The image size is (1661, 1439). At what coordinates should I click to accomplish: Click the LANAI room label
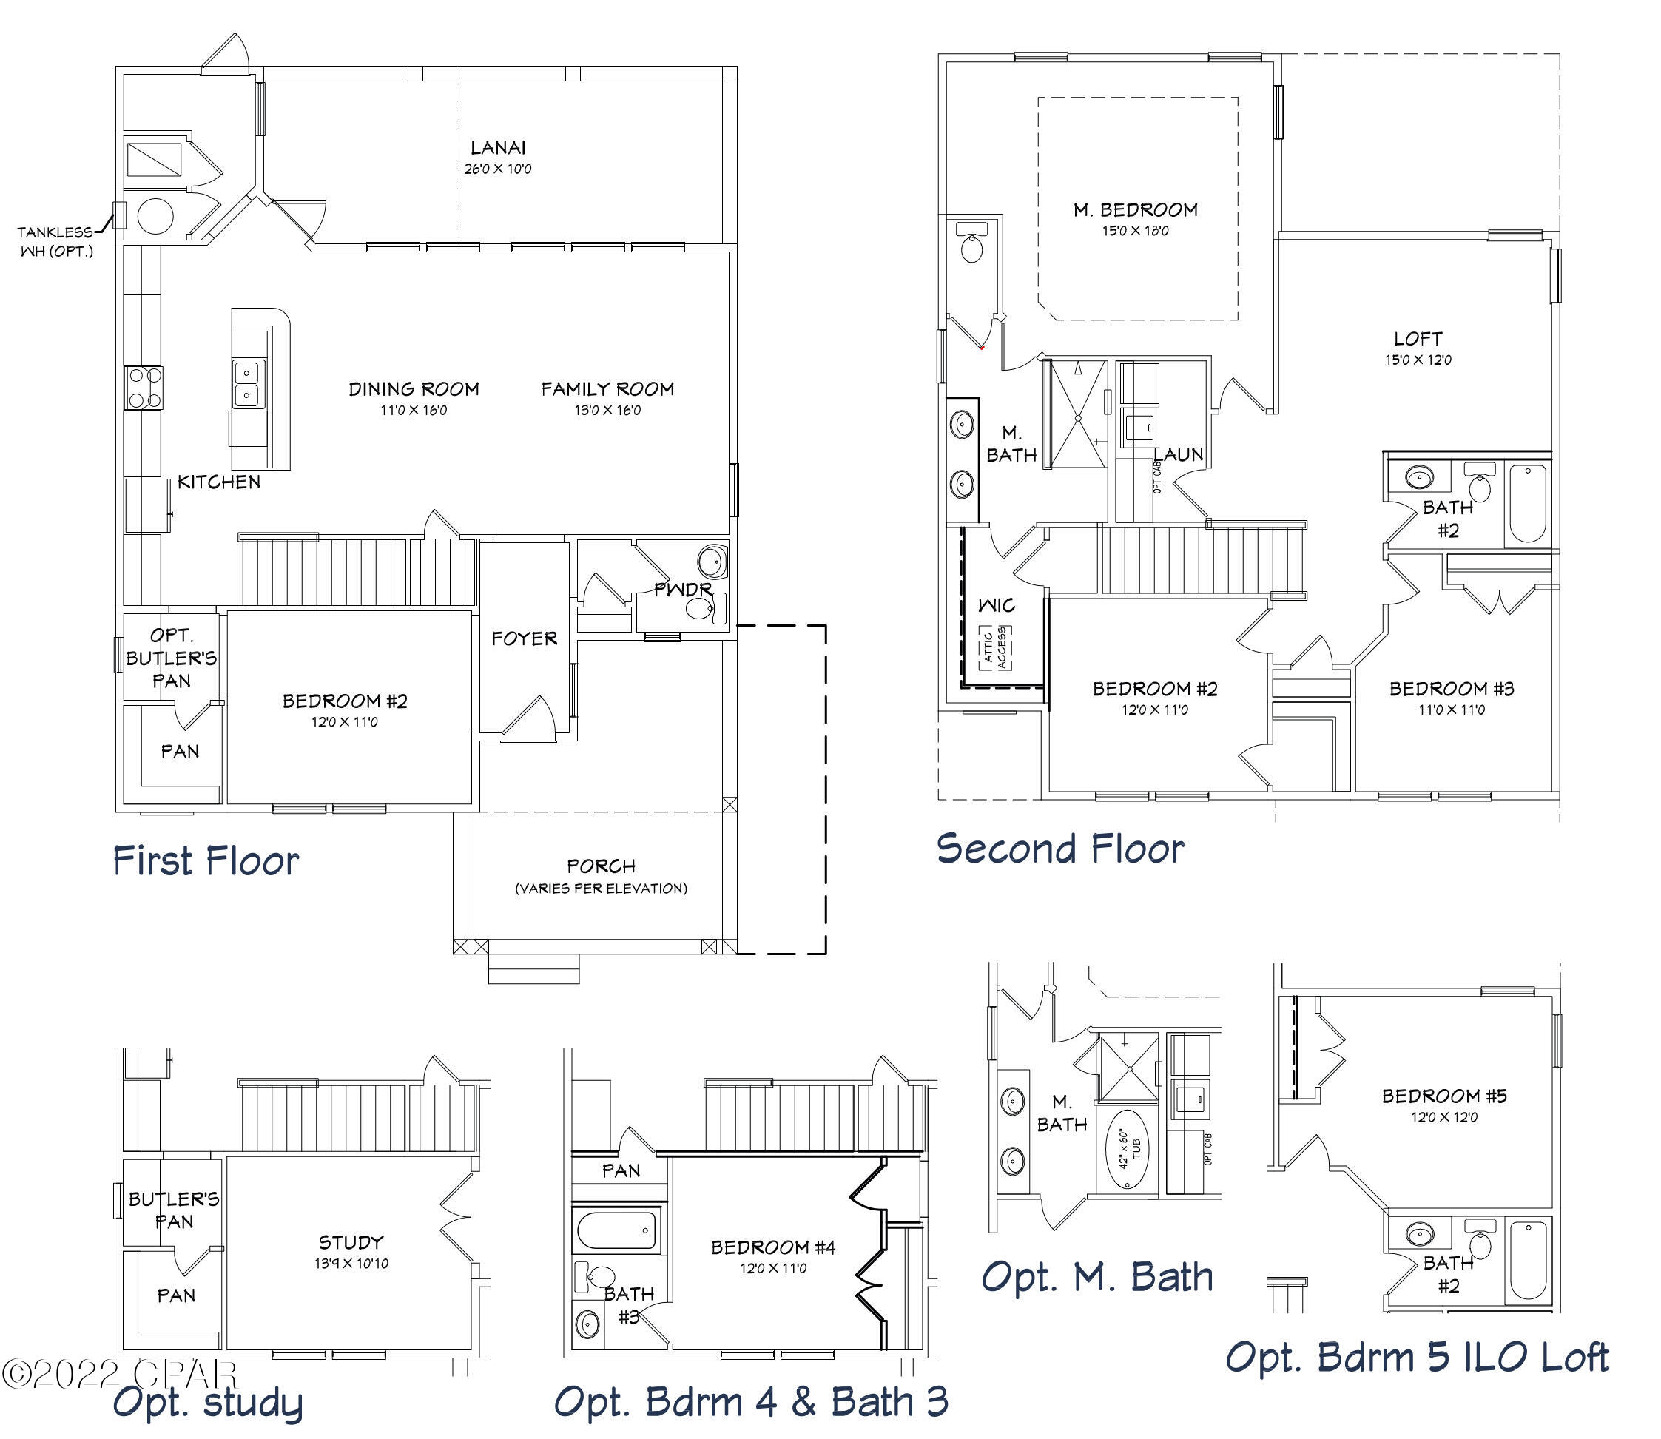[x=497, y=148]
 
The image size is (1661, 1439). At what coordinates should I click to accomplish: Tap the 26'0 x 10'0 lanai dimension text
[x=497, y=169]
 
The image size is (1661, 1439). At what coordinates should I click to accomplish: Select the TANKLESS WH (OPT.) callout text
[x=55, y=241]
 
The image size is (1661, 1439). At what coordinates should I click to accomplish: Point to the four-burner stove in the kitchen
[x=144, y=388]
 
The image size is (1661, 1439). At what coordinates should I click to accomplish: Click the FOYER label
[x=524, y=638]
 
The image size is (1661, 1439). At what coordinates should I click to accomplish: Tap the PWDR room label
[x=682, y=590]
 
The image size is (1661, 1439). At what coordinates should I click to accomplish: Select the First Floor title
[x=206, y=861]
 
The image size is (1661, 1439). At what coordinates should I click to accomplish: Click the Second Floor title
[x=1059, y=849]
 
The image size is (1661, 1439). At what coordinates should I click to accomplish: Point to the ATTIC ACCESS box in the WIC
[x=995, y=647]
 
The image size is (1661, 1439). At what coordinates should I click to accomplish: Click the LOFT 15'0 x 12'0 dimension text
[x=1418, y=360]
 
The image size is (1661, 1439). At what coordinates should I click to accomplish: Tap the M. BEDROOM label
[x=1135, y=210]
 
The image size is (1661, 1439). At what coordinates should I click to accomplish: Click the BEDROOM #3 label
[x=1452, y=689]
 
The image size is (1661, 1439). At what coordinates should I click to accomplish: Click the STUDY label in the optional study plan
[x=351, y=1242]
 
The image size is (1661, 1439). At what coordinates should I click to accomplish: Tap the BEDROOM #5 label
[x=1444, y=1096]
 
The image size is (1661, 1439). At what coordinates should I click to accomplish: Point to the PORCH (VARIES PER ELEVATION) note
[x=601, y=876]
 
